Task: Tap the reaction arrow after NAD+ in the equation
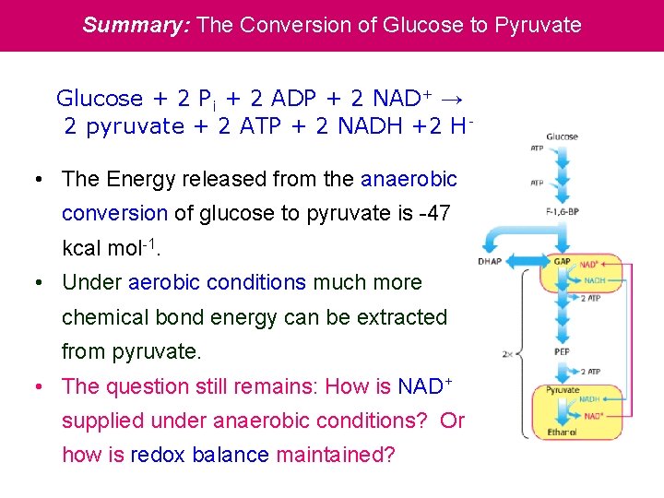451,99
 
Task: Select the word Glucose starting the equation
100,99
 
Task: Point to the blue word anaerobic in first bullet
409,179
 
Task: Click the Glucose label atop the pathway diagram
562,136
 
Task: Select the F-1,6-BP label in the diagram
562,212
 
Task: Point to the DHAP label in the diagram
490,262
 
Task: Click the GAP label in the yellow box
561,262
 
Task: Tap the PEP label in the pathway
561,351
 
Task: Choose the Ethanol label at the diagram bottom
562,430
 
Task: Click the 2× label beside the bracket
508,353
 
